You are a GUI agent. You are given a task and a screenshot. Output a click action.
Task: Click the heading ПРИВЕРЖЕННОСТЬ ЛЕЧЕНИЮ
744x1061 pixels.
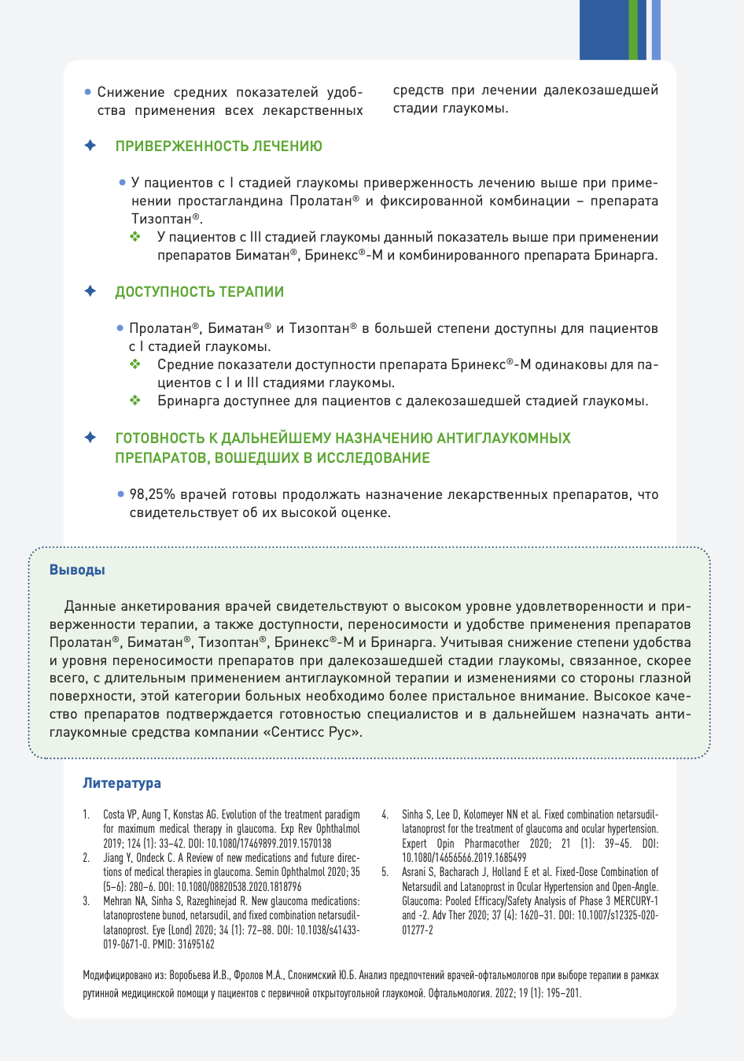pyautogui.click(x=219, y=146)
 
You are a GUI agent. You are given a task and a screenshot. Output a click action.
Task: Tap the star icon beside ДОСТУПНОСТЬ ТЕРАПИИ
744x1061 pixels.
pyautogui.click(x=90, y=292)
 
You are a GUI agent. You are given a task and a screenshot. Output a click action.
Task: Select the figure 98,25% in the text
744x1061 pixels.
pyautogui.click(x=152, y=494)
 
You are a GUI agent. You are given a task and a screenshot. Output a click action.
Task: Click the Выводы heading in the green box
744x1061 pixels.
pyautogui.click(x=77, y=570)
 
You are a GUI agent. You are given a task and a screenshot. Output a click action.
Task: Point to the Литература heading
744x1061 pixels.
pyautogui.click(x=122, y=783)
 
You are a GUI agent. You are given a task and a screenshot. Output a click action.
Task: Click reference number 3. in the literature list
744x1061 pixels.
pyautogui.click(x=87, y=901)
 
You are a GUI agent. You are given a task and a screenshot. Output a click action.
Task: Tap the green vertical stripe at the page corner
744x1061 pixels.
pyautogui.click(x=633, y=30)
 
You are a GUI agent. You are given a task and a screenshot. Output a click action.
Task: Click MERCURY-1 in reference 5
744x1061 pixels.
pyautogui.click(x=635, y=901)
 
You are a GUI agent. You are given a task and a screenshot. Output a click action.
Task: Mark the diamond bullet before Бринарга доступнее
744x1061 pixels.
pyautogui.click(x=135, y=401)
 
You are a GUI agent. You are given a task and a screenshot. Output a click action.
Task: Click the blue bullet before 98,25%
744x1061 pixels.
pyautogui.click(x=120, y=494)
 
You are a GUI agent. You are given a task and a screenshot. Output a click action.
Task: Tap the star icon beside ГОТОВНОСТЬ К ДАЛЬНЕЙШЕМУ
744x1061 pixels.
pyautogui.click(x=90, y=438)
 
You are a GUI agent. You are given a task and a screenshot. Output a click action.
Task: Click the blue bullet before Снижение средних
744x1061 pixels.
pyautogui.click(x=88, y=92)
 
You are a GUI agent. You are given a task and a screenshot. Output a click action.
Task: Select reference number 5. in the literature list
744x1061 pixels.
pyautogui.click(x=385, y=872)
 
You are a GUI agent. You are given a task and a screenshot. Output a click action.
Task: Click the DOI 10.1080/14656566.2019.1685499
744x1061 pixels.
pyautogui.click(x=464, y=858)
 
